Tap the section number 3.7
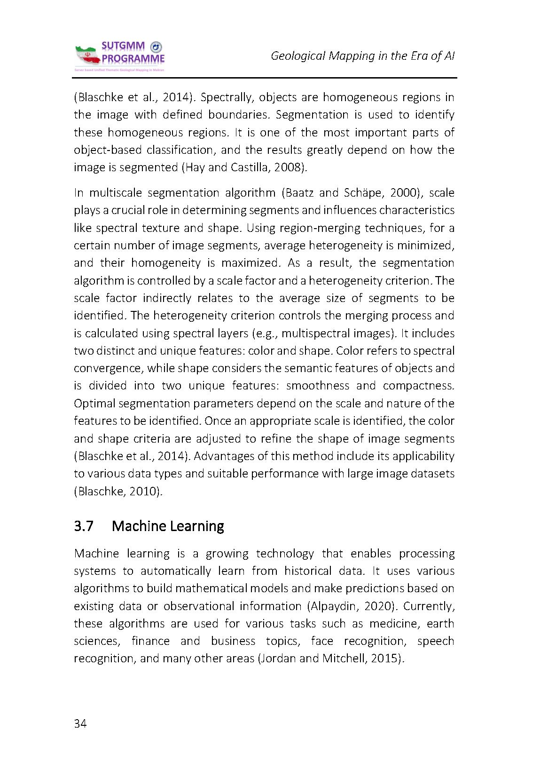point(84,525)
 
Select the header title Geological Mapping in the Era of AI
point(362,56)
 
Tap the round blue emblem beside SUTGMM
point(155,47)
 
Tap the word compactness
point(419,386)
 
